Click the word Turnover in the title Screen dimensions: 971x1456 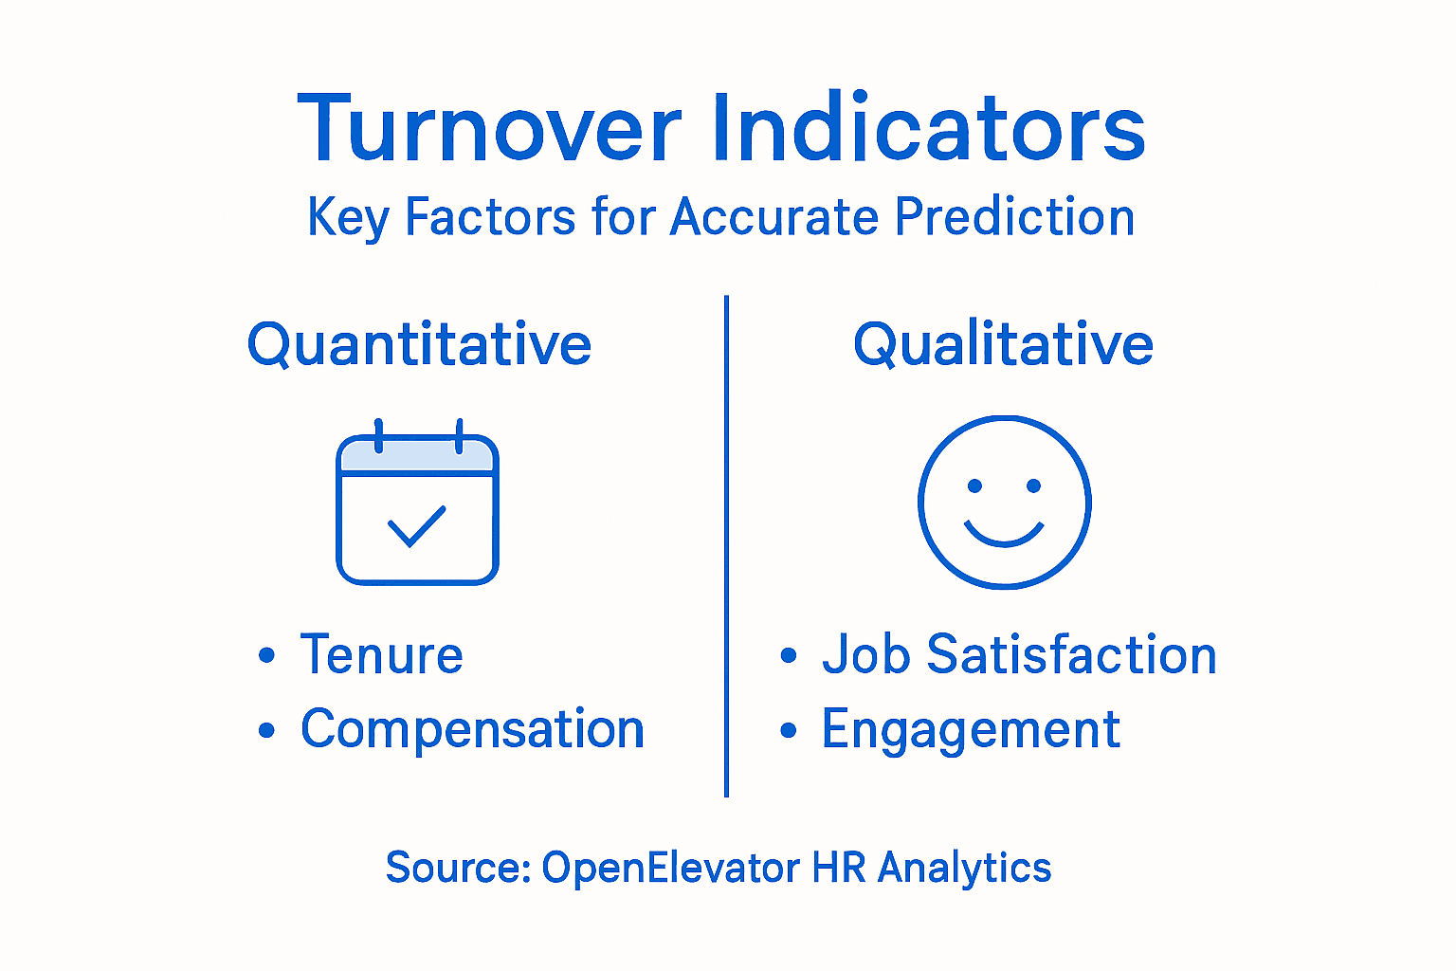[489, 128]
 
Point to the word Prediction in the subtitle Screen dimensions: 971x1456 [1014, 217]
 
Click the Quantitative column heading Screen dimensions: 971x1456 [419, 343]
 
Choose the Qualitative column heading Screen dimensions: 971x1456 [1003, 343]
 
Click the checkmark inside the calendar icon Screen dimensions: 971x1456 [416, 526]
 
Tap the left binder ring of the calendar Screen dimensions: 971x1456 [378, 435]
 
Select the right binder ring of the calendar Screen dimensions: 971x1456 [459, 435]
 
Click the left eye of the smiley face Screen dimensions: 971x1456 [974, 486]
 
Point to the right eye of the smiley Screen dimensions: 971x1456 [1034, 486]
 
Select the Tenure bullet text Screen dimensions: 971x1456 [381, 655]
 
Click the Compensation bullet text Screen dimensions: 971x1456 [472, 729]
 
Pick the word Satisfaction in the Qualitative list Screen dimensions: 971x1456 [1071, 655]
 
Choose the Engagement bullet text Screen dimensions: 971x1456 [971, 730]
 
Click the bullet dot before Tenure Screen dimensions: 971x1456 [266, 656]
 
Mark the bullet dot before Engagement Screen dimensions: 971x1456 [788, 730]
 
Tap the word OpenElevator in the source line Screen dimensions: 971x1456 [670, 868]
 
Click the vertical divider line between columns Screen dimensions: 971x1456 [726, 545]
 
